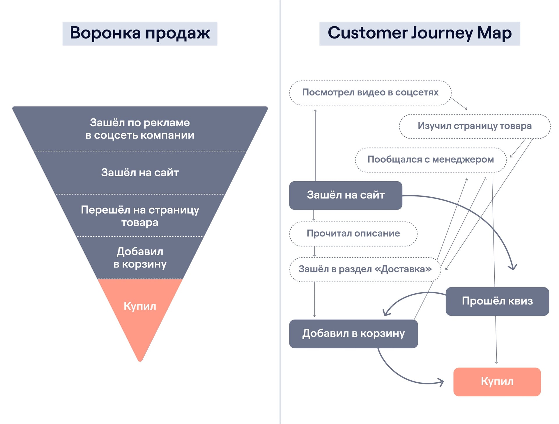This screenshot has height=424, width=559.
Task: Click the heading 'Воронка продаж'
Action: tap(140, 33)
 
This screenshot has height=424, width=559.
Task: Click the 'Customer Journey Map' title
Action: tap(420, 33)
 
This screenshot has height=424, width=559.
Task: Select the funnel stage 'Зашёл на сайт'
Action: tap(140, 173)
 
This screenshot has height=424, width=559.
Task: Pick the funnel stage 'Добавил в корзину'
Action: tap(140, 258)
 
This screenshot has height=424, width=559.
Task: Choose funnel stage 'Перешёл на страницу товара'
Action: tap(140, 216)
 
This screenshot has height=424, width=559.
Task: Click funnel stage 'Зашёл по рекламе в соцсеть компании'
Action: tap(140, 129)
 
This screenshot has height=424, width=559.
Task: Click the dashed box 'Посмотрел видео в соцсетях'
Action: tap(370, 93)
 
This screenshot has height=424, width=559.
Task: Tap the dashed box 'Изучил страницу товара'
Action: tap(475, 126)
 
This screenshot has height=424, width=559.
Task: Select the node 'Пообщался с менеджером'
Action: tap(431, 160)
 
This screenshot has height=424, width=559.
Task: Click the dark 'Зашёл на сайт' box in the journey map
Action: tap(346, 195)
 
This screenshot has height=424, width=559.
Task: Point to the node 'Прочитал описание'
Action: tap(353, 234)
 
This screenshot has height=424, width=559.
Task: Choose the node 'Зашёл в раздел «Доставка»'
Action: tap(365, 269)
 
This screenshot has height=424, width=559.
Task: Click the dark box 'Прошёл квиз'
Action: tap(497, 301)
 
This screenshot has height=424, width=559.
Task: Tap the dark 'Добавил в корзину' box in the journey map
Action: tap(353, 333)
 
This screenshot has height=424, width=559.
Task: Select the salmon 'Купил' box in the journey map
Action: tap(497, 382)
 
